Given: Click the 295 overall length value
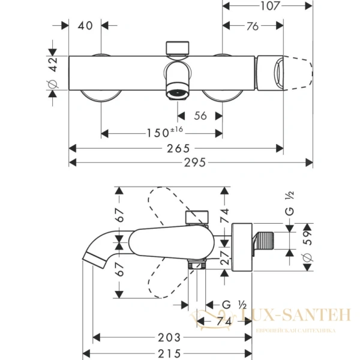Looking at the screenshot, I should [x=191, y=163].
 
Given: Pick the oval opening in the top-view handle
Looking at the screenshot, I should [x=280, y=72].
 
